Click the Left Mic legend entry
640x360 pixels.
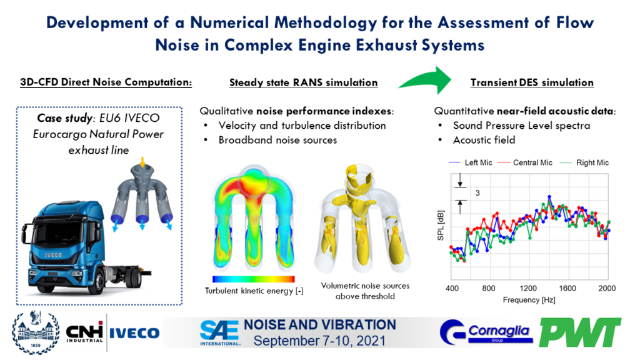click(475, 162)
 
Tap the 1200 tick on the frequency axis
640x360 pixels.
click(529, 289)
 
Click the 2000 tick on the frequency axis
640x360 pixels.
click(607, 289)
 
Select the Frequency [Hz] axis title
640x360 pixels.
click(529, 300)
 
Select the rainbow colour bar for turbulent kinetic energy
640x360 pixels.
click(254, 279)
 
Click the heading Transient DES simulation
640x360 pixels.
click(531, 82)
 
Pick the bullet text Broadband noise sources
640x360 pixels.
click(277, 139)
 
